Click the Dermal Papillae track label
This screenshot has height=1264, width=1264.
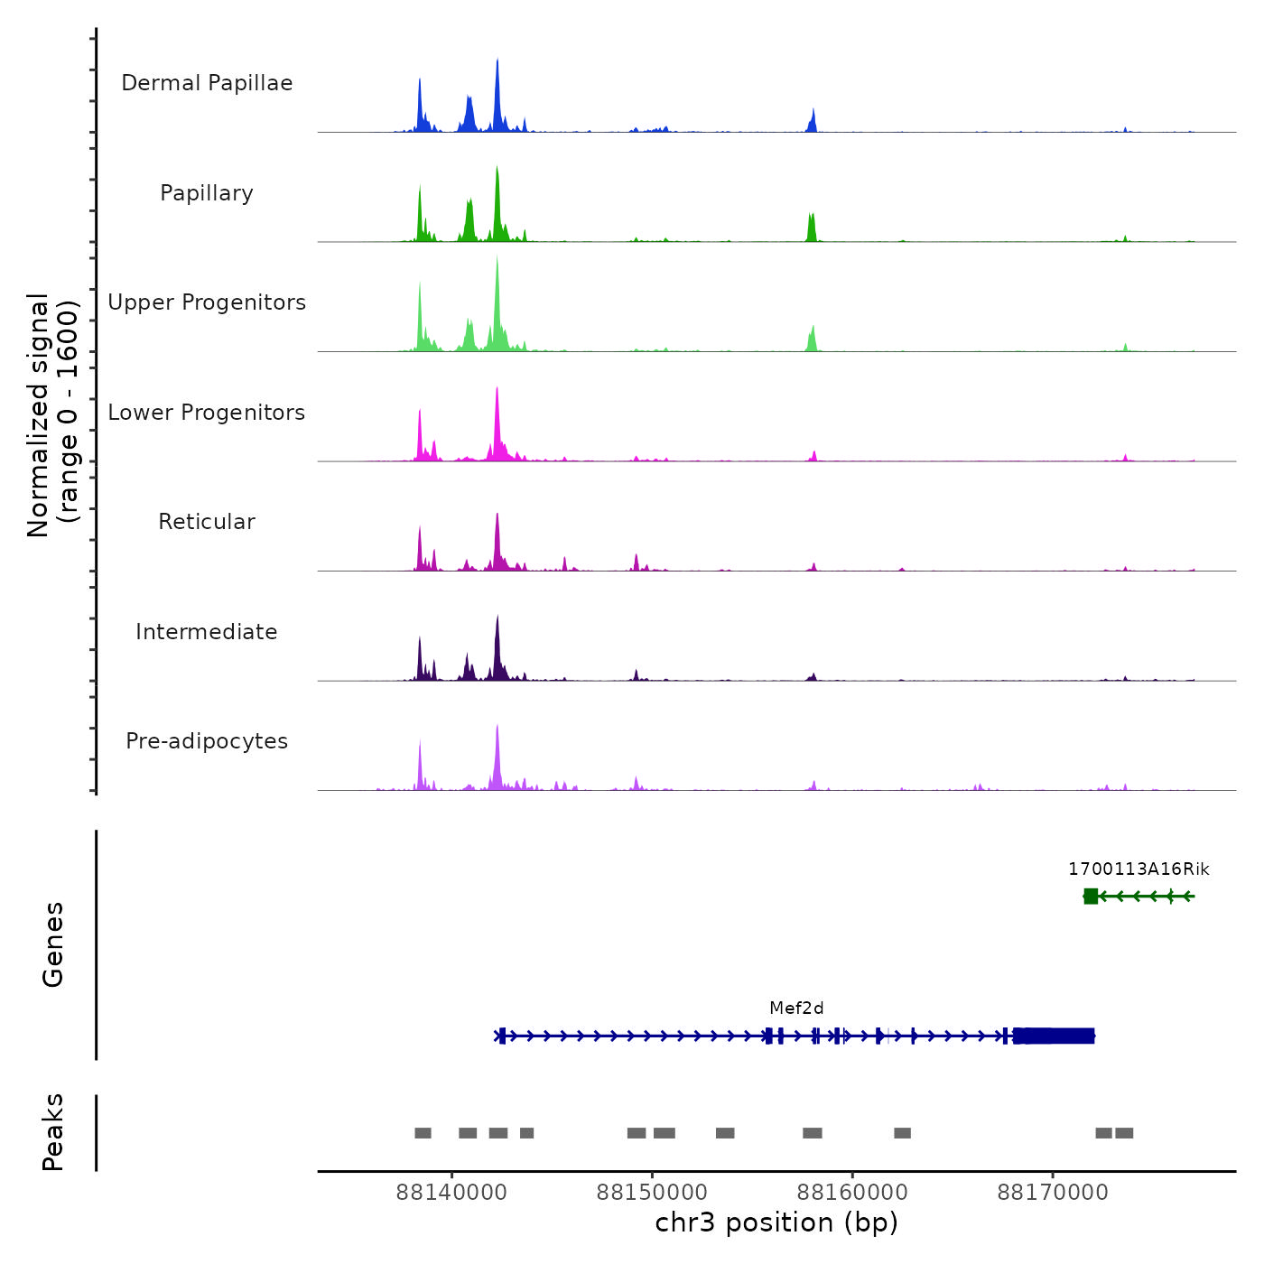pos(207,83)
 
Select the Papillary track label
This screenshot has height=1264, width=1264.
pos(207,193)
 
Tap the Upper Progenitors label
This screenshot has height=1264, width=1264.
pos(207,302)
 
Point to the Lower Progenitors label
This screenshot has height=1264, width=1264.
pos(207,413)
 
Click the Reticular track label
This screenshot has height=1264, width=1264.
pos(207,522)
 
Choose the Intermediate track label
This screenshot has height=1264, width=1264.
pos(207,632)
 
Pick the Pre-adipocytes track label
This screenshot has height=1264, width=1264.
pos(207,741)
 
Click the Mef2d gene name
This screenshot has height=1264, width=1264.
pos(796,1008)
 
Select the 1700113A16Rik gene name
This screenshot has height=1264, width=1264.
pos(1139,869)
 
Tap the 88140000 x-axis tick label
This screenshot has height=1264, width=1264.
pos(451,1193)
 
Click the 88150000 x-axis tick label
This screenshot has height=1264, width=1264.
pos(652,1193)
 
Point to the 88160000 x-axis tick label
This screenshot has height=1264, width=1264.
pos(852,1193)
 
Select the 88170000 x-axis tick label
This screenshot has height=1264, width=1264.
pos(1053,1193)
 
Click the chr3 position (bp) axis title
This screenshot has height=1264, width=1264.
pos(776,1223)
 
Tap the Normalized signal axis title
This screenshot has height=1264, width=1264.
pos(52,415)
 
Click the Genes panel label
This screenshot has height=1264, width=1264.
pos(53,944)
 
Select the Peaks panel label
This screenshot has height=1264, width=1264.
pos(53,1132)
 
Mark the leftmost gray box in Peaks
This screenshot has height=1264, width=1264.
pos(423,1133)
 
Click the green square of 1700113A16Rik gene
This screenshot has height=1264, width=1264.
pos(1091,896)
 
